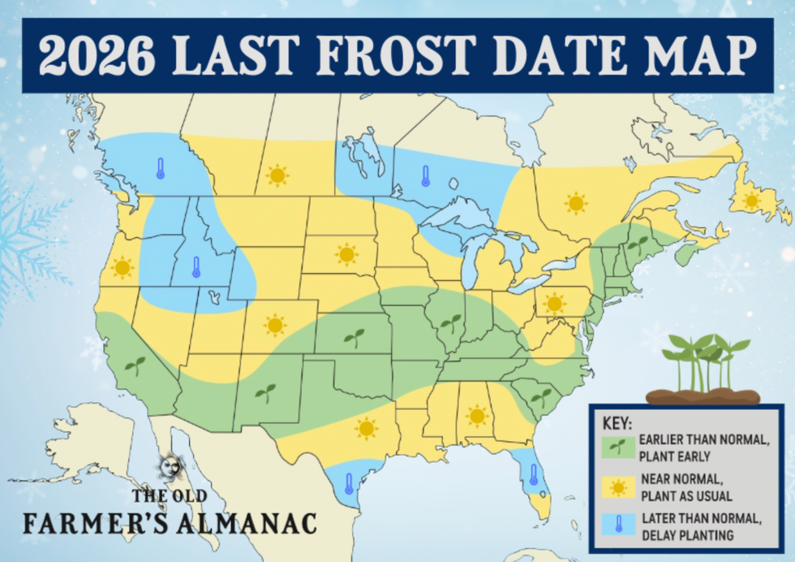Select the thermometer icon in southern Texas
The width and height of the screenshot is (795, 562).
pos(349,483)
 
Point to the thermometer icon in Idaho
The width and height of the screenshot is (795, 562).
pos(196,267)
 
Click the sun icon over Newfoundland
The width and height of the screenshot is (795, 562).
pos(751,200)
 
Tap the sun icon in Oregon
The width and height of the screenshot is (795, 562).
pos(122,266)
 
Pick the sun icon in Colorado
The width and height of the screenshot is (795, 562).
pos(275,326)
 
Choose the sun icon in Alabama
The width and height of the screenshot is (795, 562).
pos(476,416)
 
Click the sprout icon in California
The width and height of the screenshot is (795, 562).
pos(135,365)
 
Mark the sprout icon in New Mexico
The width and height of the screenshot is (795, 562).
pos(264,394)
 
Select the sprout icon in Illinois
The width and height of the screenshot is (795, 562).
pos(450,323)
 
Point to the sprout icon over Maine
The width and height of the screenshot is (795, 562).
pos(639,243)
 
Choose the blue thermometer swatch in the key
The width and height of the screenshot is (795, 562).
pos(618,525)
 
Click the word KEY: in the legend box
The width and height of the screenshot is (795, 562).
pos(617,423)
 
